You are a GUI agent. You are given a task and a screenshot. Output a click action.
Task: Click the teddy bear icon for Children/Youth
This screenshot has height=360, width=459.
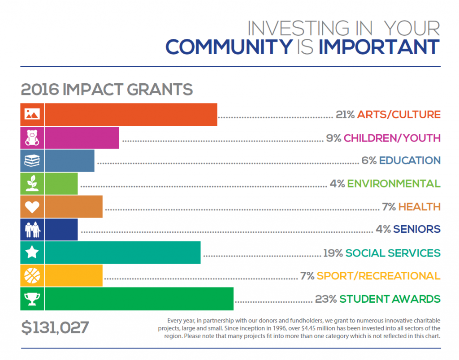pos(32,137)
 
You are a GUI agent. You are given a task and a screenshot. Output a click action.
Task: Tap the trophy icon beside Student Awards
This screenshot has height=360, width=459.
pos(32,299)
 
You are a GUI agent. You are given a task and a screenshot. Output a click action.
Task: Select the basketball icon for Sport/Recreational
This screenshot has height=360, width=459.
pos(32,276)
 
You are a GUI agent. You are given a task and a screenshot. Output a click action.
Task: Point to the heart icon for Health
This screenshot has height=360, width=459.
pos(32,207)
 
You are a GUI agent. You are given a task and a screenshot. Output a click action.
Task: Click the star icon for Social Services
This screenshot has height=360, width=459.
pos(32,253)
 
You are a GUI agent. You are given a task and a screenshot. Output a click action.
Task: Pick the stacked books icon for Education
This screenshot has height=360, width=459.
pos(32,161)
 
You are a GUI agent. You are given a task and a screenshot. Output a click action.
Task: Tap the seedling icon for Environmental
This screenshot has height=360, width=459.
pos(32,184)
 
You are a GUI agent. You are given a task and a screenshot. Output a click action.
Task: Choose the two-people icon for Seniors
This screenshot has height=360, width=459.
pos(32,230)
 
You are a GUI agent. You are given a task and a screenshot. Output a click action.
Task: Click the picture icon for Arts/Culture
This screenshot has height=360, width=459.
pos(32,115)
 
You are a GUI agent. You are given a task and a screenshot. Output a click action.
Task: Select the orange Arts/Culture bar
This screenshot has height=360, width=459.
pos(131,115)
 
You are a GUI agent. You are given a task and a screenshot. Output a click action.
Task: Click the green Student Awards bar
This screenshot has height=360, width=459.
pos(139,299)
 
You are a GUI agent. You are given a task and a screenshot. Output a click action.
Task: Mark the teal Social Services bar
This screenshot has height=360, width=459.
pos(122,253)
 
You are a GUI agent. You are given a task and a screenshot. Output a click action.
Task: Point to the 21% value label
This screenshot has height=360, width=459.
pos(345,115)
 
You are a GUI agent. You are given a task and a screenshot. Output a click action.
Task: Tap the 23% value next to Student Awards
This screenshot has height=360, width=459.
pos(326,299)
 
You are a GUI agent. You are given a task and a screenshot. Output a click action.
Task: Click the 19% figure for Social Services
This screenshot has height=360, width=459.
pos(333,253)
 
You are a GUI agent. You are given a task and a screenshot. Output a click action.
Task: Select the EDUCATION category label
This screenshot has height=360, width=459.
pos(409,160)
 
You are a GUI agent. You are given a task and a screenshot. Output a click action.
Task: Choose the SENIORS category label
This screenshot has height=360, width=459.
pos(416,229)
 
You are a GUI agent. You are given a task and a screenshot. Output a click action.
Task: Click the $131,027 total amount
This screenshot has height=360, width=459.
pos(55,327)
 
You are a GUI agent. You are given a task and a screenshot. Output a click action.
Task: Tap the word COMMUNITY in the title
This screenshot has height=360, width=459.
pos(229,47)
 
